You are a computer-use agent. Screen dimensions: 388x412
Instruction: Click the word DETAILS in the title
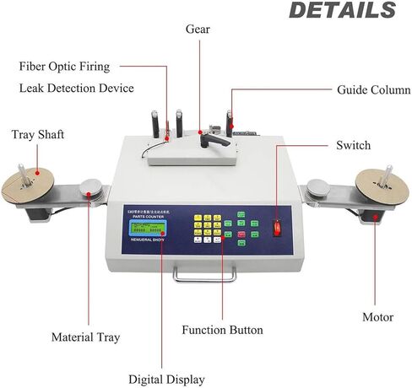[x=341, y=11]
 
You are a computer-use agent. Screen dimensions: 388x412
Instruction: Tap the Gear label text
[x=198, y=30]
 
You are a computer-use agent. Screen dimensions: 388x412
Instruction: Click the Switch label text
[x=353, y=145]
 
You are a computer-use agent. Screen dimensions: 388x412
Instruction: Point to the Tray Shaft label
[x=37, y=135]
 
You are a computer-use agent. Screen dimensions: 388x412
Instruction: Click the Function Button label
[x=222, y=329]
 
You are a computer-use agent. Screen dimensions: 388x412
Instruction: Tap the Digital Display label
[x=166, y=380]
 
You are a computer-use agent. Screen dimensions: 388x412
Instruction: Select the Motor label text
[x=377, y=317]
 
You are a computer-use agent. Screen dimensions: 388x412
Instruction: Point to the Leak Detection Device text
[x=77, y=88]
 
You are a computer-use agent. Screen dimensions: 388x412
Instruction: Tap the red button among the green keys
[x=241, y=233]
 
